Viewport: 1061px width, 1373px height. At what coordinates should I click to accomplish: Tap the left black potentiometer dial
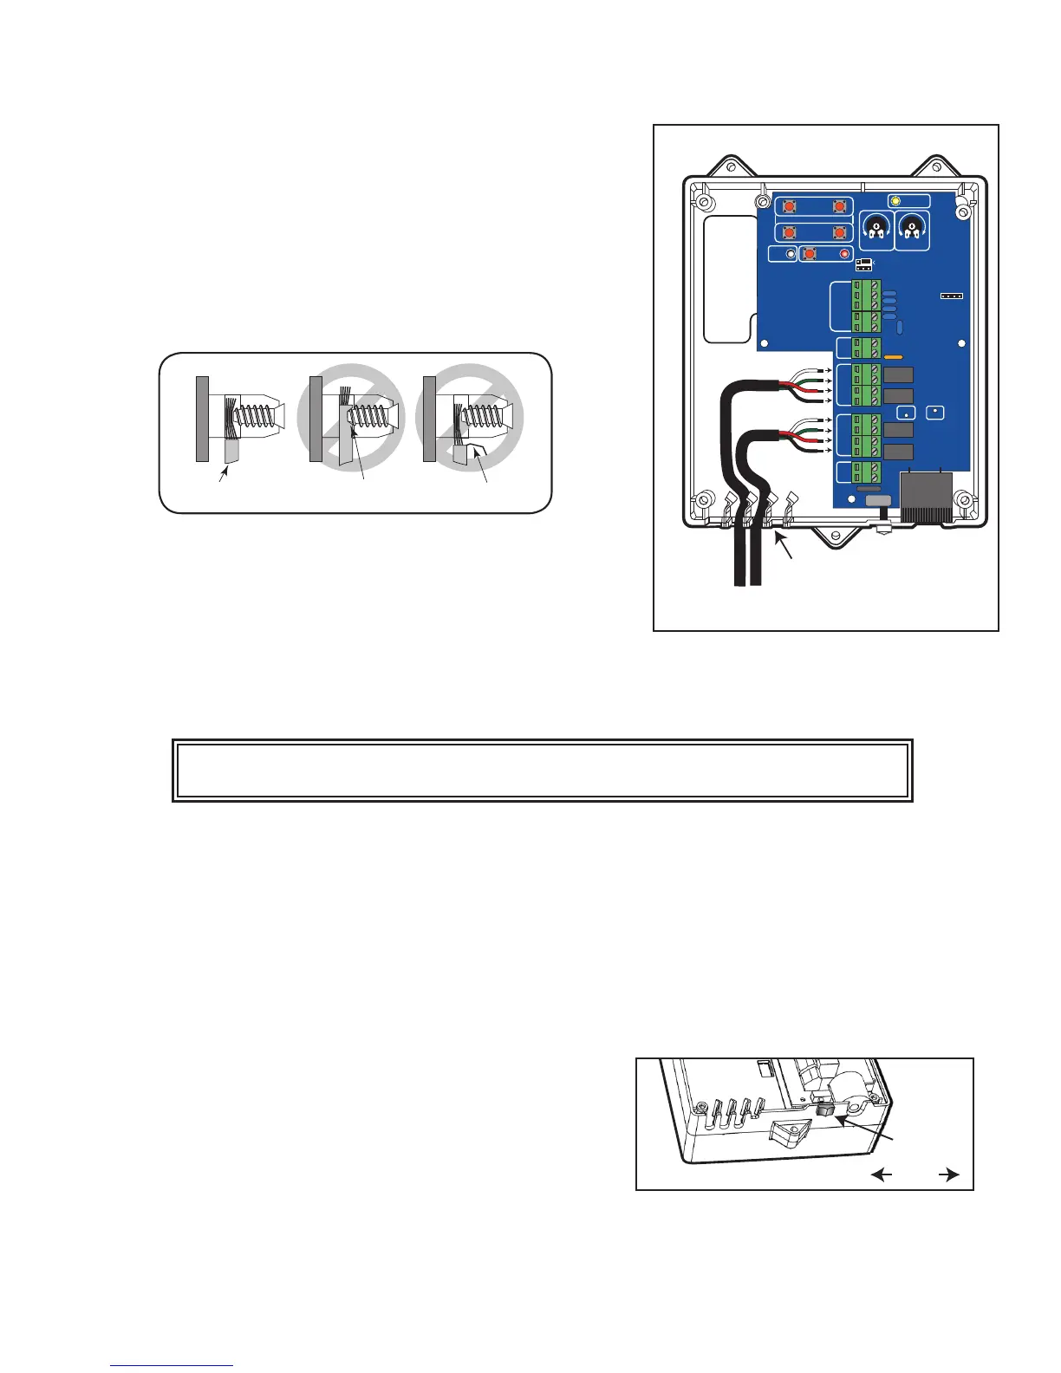tap(877, 230)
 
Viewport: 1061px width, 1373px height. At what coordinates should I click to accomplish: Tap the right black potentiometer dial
tap(911, 230)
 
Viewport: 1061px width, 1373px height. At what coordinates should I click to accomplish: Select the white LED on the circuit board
tap(790, 254)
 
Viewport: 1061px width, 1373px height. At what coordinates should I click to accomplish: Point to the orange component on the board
tap(895, 356)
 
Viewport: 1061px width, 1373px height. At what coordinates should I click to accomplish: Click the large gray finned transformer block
tap(926, 496)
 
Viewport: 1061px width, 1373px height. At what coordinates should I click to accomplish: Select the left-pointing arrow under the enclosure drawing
tap(882, 1175)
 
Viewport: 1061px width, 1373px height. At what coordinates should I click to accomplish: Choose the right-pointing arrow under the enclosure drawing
tap(948, 1175)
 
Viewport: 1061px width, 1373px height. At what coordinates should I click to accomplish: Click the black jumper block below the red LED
tap(863, 264)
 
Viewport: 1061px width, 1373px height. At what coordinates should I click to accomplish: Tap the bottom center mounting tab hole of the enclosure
tap(836, 537)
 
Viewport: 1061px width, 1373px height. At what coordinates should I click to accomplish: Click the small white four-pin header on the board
tap(952, 296)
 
